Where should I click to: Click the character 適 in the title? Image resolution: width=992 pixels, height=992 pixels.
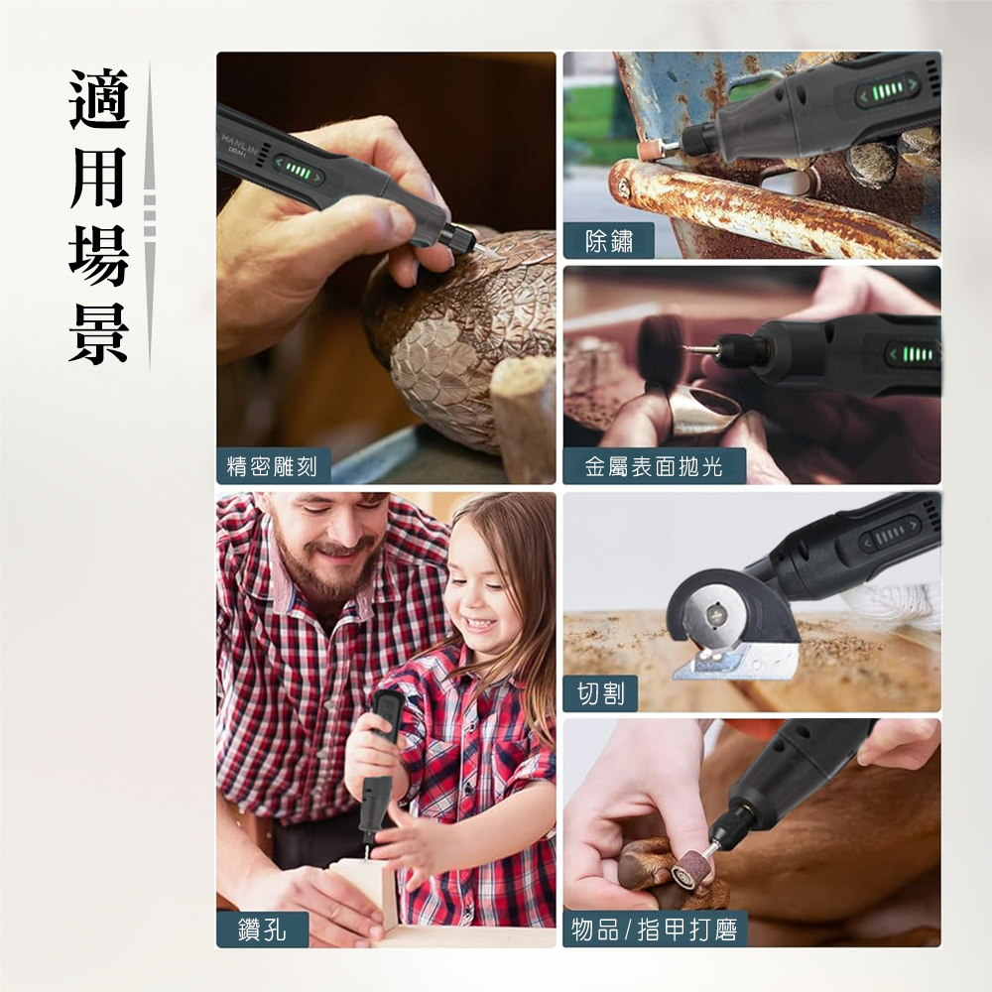point(99,100)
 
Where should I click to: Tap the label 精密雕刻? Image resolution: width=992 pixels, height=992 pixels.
point(273,466)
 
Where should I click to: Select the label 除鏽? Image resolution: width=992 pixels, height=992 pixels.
point(609,241)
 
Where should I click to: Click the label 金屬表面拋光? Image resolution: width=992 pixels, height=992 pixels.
point(654,466)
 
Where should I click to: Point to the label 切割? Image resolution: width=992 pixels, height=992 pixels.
point(600,694)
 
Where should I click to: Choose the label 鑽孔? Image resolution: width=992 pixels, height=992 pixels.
point(263,930)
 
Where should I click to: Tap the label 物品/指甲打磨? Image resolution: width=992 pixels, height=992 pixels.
point(655,930)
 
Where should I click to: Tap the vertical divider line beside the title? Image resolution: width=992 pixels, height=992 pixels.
point(150,213)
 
